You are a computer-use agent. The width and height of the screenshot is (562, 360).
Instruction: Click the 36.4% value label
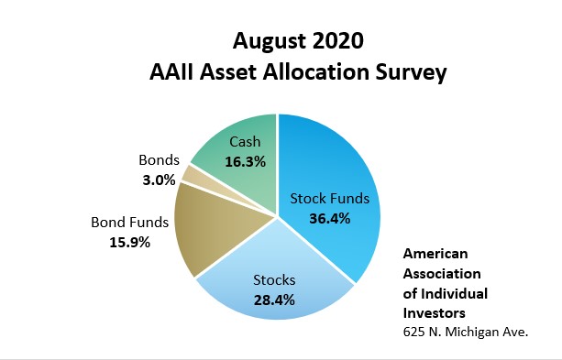point(330,218)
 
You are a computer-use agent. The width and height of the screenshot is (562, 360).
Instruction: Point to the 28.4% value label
point(274,300)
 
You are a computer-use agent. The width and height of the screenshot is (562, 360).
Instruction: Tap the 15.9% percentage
point(130,243)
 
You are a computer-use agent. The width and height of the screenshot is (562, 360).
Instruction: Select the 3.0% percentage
point(160,180)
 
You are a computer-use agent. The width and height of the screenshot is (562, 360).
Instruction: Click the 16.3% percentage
point(246,162)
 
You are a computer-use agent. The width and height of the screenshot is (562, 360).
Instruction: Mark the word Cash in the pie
point(245,142)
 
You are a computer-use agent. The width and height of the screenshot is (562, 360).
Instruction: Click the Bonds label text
point(160,160)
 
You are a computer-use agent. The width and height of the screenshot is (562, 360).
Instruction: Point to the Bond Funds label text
point(130,223)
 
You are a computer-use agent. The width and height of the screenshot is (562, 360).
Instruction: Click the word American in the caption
point(435,254)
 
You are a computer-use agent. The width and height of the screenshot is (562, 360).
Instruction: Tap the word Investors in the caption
point(434,313)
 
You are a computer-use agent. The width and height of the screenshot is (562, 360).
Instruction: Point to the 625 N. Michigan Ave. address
point(466,332)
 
